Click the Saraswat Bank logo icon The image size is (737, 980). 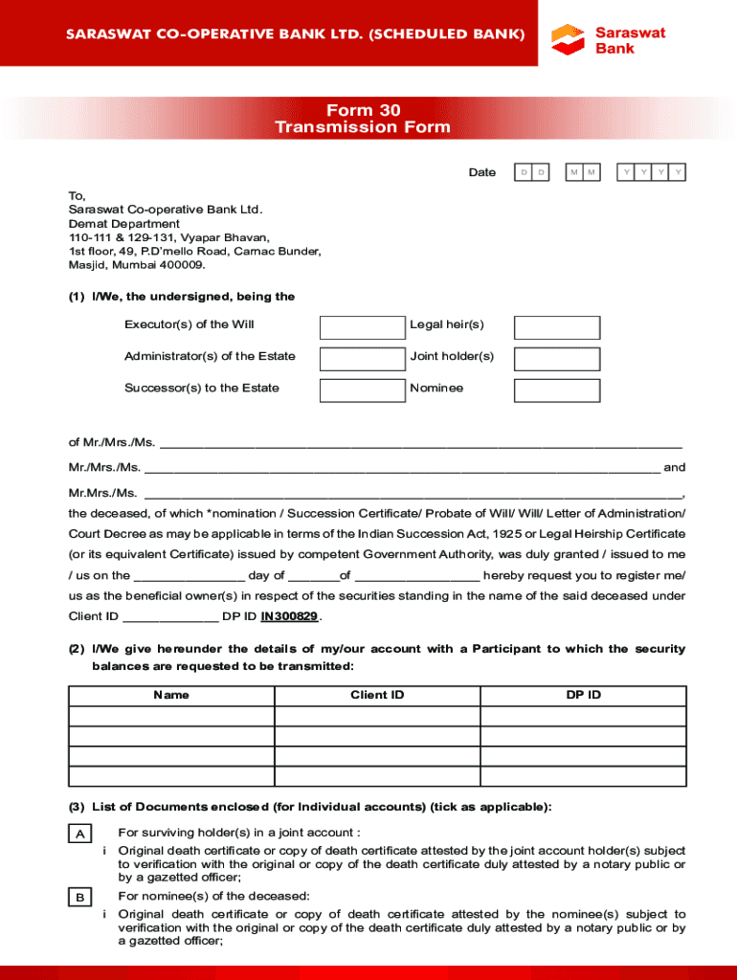tap(568, 39)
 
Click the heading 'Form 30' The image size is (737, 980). tap(363, 110)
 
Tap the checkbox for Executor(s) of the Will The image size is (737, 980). tap(363, 327)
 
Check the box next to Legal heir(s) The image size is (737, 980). tap(557, 327)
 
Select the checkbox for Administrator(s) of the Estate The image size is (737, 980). tap(363, 359)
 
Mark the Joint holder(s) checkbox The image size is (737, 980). tap(557, 359)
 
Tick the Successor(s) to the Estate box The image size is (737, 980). tap(363, 390)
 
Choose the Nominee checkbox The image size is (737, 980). tap(557, 390)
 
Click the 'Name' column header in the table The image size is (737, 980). tap(171, 695)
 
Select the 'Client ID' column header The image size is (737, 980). tap(377, 695)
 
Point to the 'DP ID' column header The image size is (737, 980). tap(583, 695)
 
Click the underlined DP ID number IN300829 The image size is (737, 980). tap(290, 616)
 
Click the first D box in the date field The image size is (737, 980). tap(524, 172)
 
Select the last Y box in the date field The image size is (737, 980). tap(678, 172)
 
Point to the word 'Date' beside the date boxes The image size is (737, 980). tap(481, 172)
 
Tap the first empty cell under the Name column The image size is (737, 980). tap(171, 716)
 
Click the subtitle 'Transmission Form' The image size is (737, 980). tap(363, 127)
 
